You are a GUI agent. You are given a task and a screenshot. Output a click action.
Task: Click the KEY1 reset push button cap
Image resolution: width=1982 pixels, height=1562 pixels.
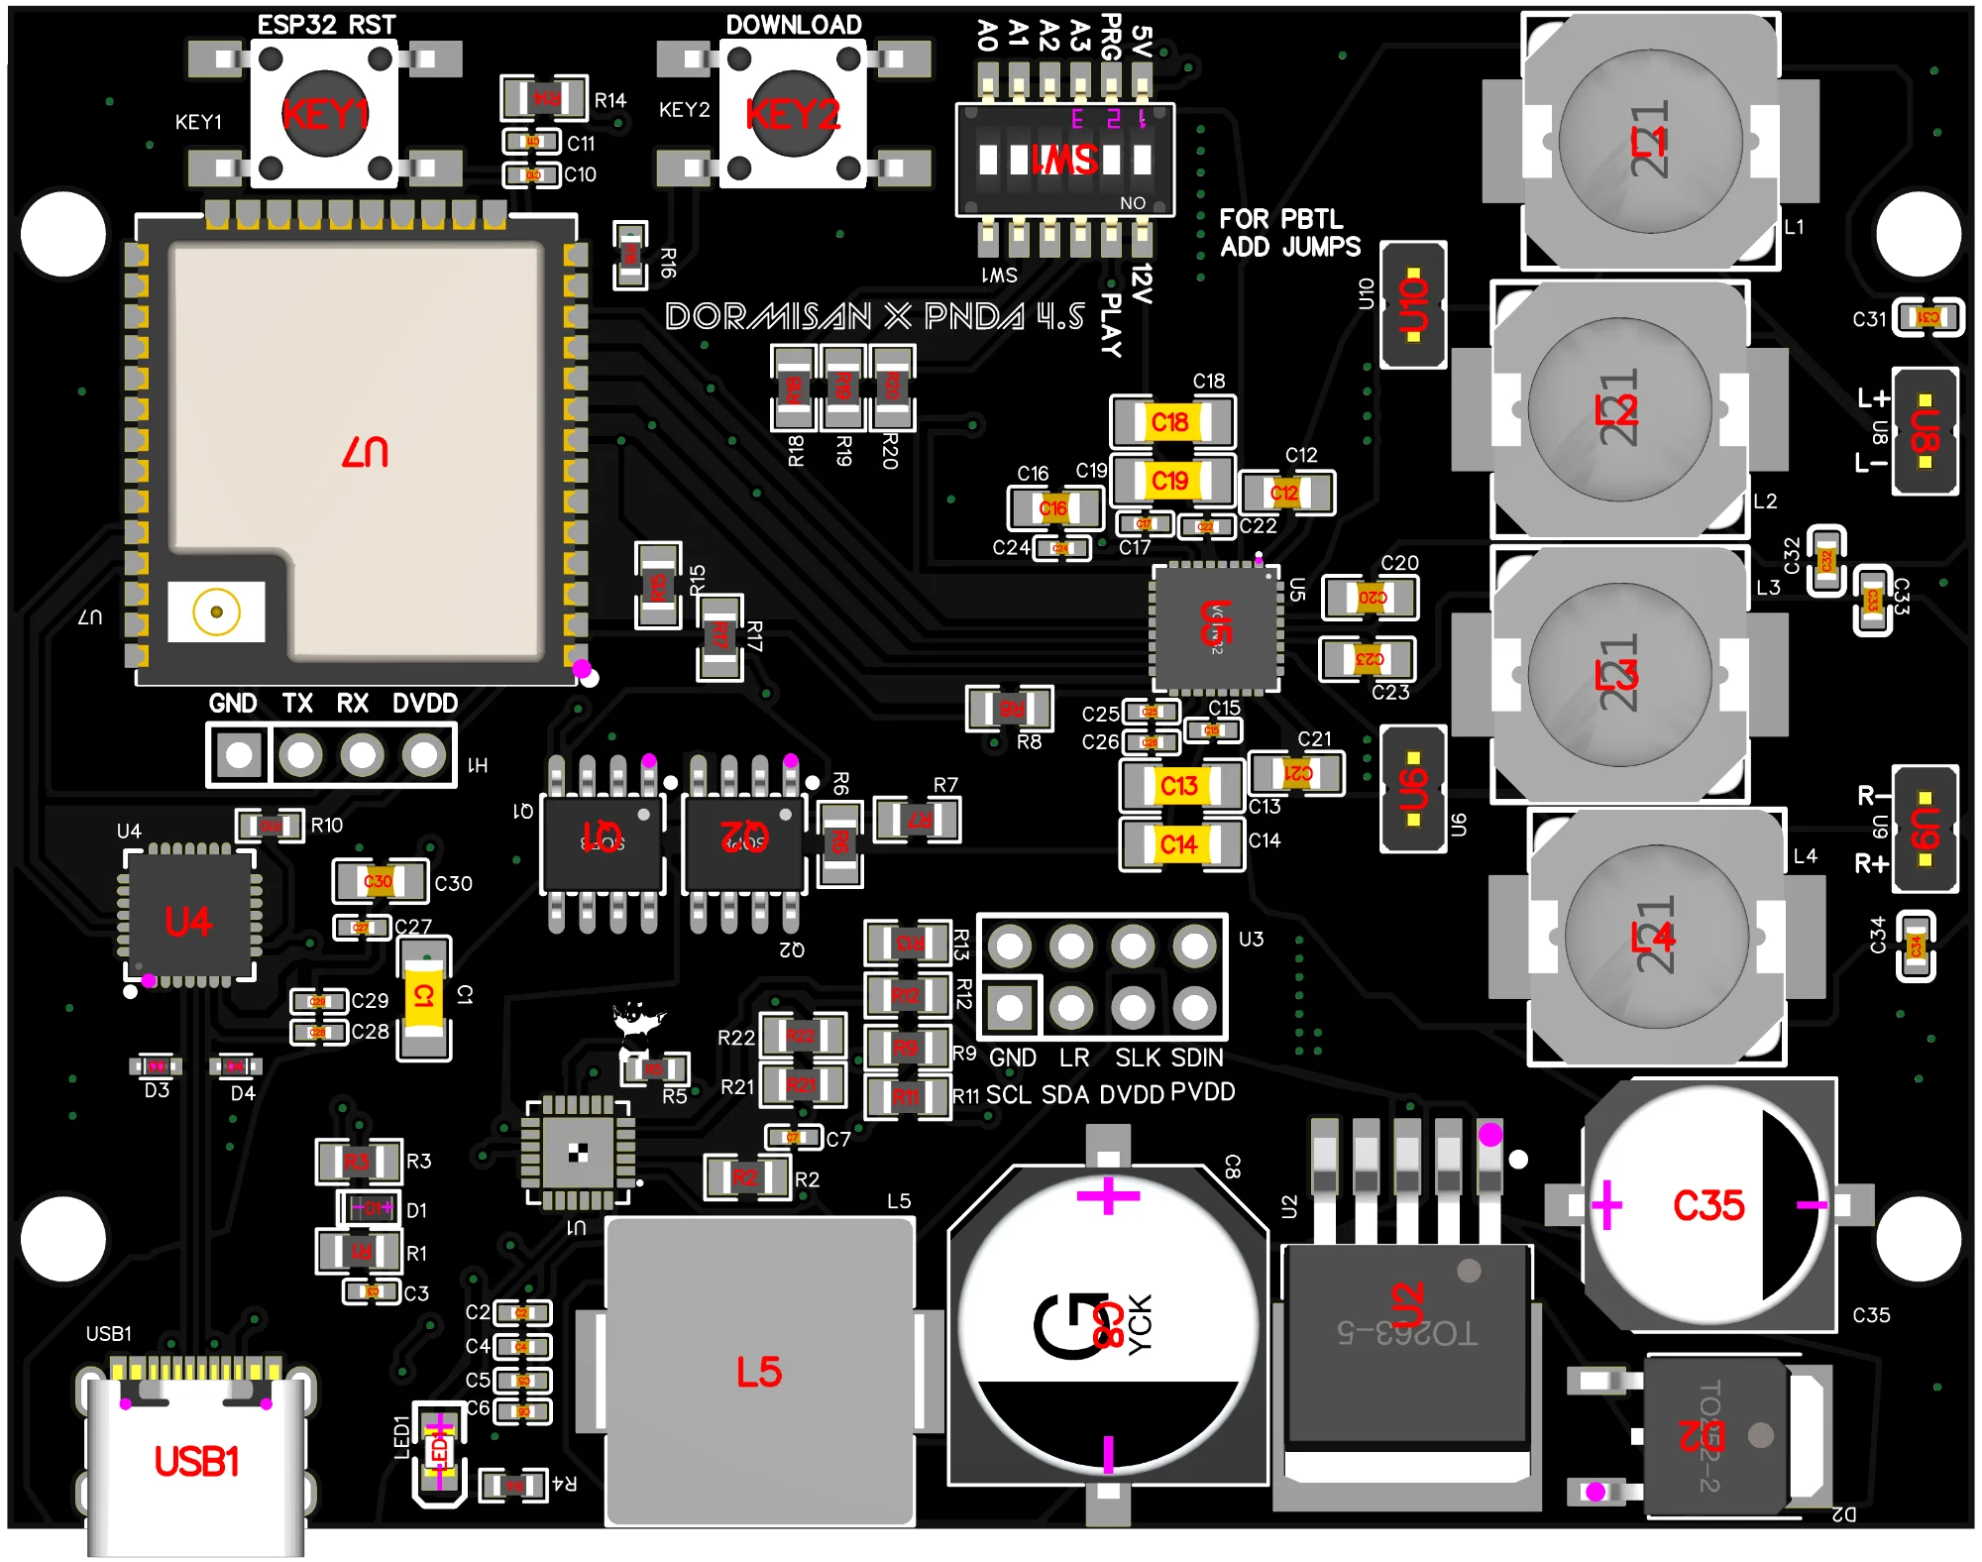(x=325, y=114)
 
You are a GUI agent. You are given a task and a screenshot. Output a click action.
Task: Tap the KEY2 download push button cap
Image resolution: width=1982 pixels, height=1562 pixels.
(x=793, y=114)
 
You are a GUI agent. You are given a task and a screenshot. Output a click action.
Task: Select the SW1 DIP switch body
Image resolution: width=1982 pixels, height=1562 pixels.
(x=1065, y=159)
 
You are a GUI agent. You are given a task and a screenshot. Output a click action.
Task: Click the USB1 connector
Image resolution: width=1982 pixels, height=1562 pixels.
(x=196, y=1462)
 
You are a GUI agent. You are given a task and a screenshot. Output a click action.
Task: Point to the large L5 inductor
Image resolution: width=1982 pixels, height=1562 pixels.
(x=759, y=1373)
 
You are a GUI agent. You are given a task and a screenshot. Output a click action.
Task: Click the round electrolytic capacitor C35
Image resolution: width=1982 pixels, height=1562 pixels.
(x=1708, y=1205)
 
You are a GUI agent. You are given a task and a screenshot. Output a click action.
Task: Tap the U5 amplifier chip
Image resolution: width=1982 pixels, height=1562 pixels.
(x=1216, y=626)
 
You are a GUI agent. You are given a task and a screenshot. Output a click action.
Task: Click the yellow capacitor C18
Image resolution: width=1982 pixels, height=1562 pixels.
(x=1171, y=422)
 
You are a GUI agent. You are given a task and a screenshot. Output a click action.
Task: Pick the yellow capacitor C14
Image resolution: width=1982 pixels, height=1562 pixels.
(x=1179, y=844)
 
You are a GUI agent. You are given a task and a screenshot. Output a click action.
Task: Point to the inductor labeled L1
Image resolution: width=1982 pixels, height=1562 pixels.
(x=1650, y=142)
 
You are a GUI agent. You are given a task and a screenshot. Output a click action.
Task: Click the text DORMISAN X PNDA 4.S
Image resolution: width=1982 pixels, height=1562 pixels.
(x=875, y=317)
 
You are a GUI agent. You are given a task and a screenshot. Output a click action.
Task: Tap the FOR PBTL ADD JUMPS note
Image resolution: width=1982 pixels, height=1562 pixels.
(x=1289, y=233)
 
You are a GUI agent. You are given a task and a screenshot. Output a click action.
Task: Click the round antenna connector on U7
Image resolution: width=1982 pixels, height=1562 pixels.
(x=216, y=612)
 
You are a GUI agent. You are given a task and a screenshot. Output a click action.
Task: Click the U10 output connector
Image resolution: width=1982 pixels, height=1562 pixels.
(x=1413, y=304)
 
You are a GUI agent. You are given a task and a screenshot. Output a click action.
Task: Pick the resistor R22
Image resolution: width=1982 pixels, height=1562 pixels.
(x=802, y=1036)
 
